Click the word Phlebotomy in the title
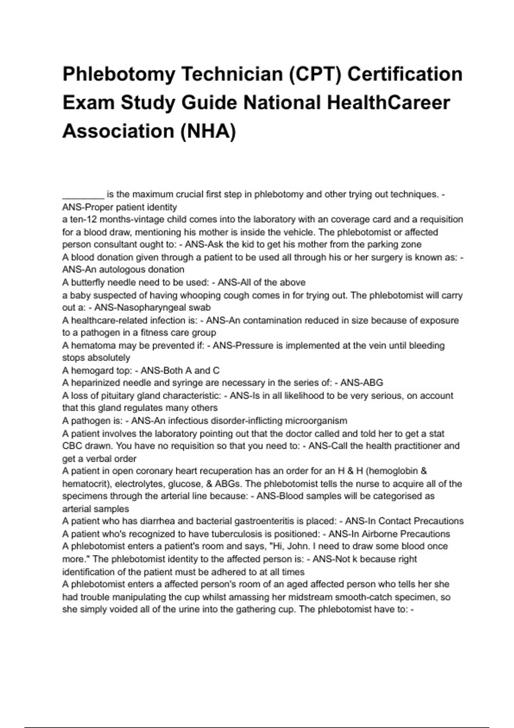[x=119, y=75]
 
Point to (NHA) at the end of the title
[x=208, y=131]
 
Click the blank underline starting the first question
[x=83, y=195]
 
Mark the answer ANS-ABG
[x=362, y=383]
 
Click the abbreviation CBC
[x=72, y=446]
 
